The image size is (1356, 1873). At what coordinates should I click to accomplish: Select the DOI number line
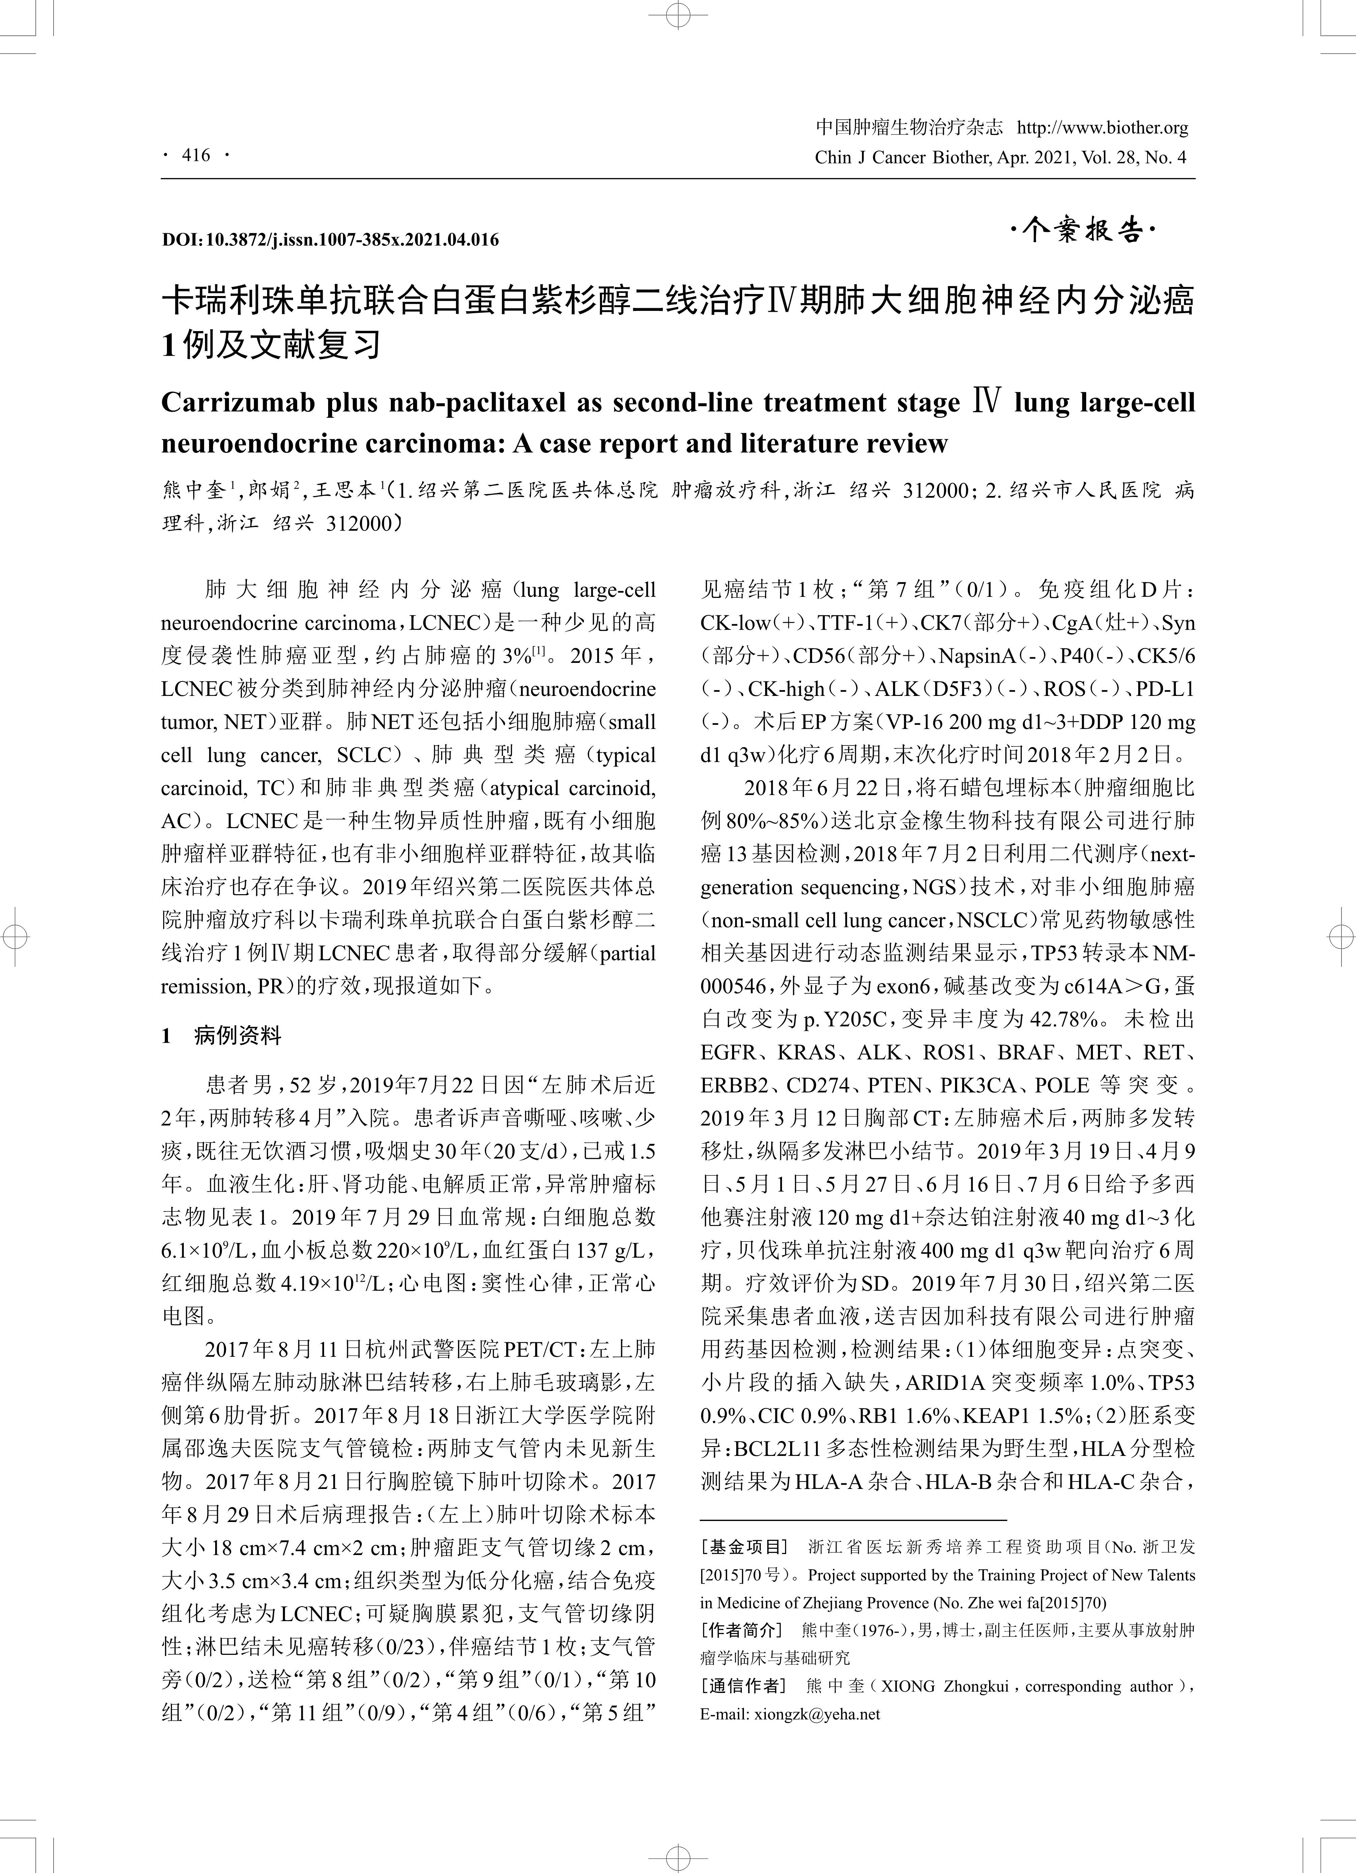click(x=330, y=239)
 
